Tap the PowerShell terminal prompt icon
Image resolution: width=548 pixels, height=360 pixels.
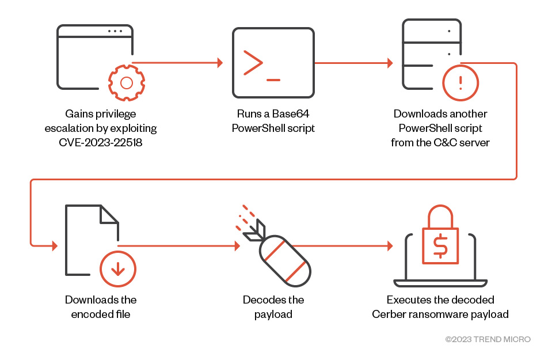point(273,63)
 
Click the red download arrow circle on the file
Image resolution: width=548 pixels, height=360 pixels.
point(117,269)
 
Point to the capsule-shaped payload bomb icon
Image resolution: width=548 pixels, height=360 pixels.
point(284,261)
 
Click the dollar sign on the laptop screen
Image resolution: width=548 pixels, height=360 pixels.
point(440,247)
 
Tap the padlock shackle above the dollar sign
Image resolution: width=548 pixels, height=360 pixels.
point(440,216)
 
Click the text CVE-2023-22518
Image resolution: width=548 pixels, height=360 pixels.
point(101,142)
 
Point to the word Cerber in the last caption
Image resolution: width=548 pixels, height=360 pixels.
point(387,314)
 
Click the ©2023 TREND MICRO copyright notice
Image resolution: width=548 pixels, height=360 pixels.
point(488,339)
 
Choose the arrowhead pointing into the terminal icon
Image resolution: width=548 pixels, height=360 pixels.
point(219,63)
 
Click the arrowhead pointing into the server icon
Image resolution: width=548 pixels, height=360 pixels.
point(390,63)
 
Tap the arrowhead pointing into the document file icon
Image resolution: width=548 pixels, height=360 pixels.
point(55,246)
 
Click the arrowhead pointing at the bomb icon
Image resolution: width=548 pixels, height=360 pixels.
point(237,246)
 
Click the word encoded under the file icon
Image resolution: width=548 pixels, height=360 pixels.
point(92,314)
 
